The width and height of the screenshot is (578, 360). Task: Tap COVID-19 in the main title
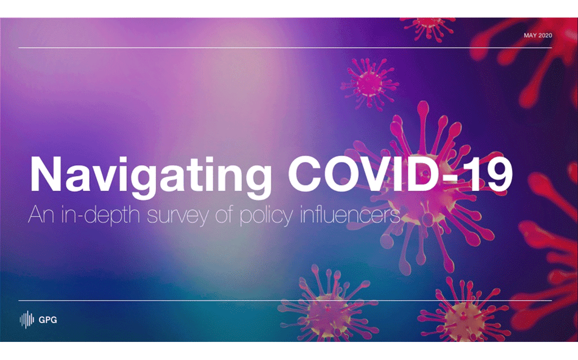(x=400, y=174)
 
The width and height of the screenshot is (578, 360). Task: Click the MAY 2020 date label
(x=538, y=36)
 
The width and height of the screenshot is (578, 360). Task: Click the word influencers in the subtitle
(x=350, y=214)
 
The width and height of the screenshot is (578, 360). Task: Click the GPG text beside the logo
(x=48, y=320)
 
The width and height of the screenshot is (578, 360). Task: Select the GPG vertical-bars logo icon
(x=27, y=319)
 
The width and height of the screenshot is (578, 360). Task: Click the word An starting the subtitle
(x=41, y=214)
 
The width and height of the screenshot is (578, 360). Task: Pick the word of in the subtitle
(x=224, y=214)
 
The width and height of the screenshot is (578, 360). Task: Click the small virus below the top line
(x=370, y=83)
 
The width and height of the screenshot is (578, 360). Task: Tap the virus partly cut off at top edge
(x=429, y=28)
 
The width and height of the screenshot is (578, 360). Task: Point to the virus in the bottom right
(x=465, y=313)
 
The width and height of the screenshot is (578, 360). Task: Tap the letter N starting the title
(x=45, y=174)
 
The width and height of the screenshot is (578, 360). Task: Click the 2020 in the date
(x=545, y=36)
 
